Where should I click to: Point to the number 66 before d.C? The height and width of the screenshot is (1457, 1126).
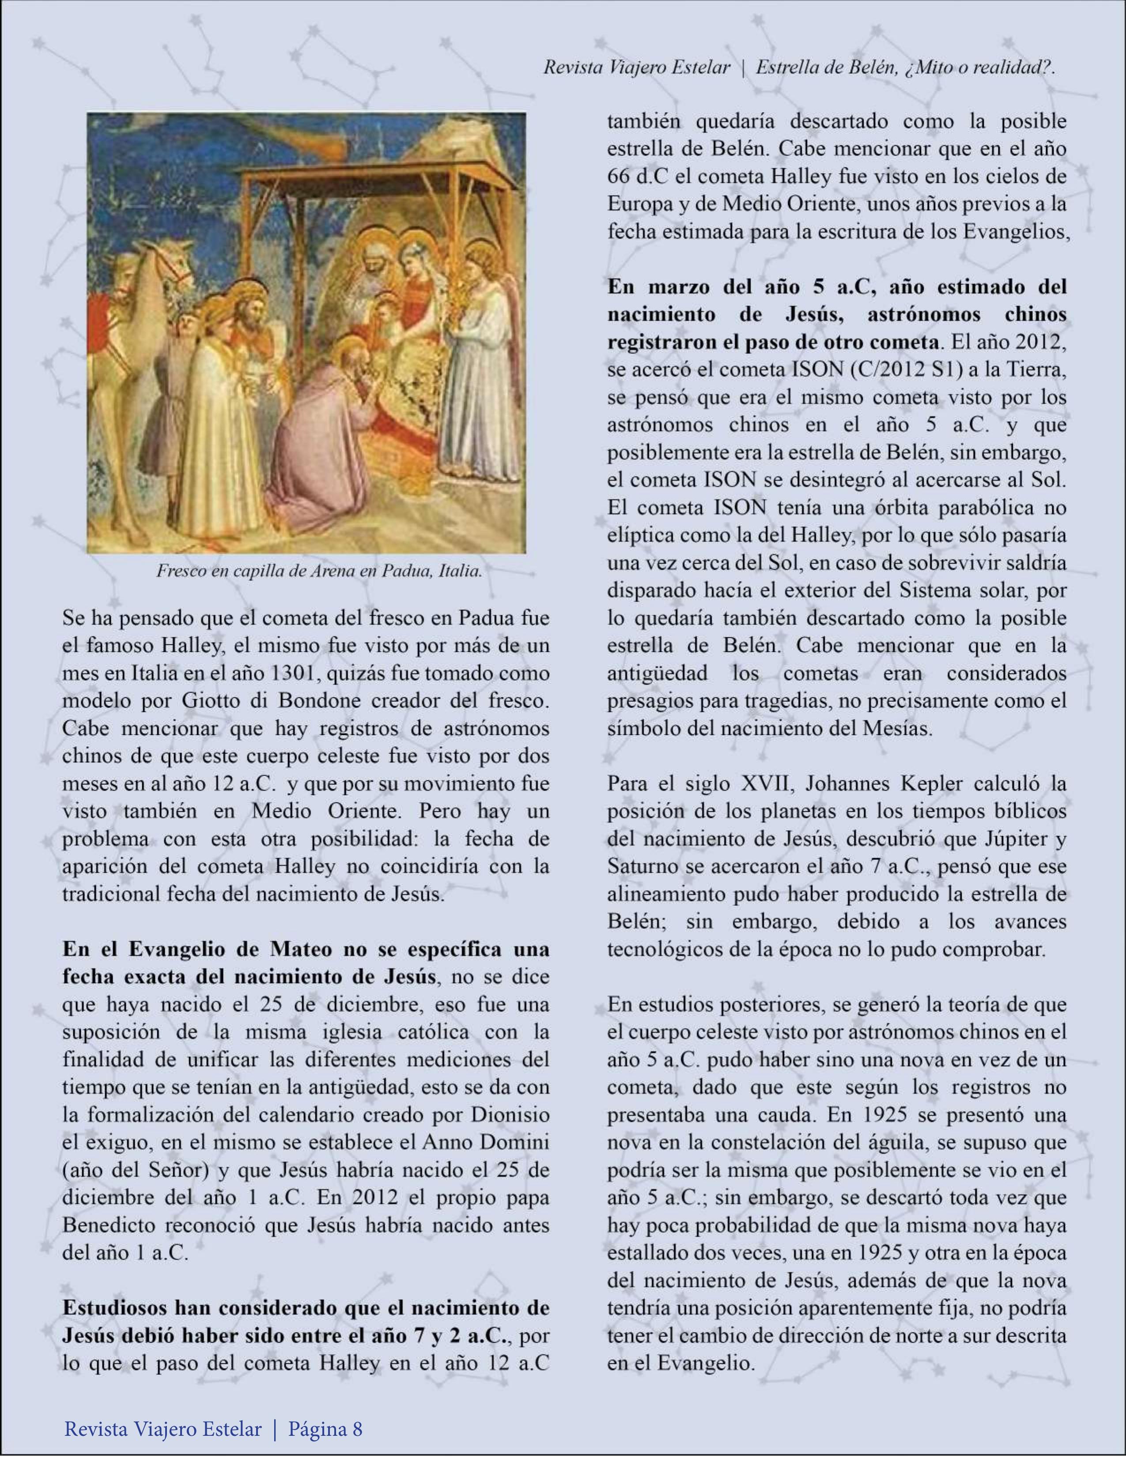[621, 177]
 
